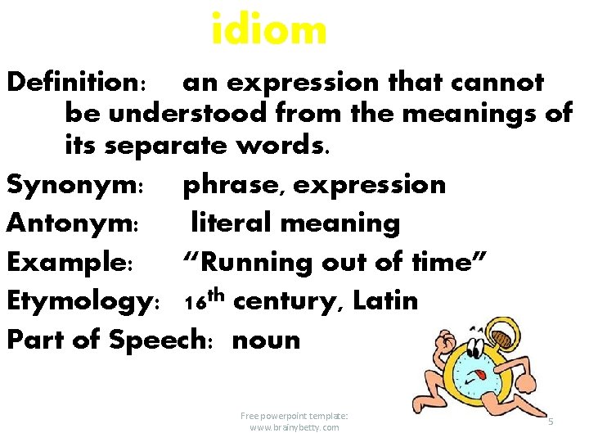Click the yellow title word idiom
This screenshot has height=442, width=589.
click(x=268, y=30)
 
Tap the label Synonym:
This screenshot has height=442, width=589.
click(x=75, y=185)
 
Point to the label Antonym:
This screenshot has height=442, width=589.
click(x=76, y=223)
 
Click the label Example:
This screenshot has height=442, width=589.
click(x=70, y=262)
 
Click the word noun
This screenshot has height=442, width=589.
click(x=267, y=340)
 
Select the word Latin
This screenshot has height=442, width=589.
click(x=385, y=300)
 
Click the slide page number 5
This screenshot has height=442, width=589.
click(x=551, y=422)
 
